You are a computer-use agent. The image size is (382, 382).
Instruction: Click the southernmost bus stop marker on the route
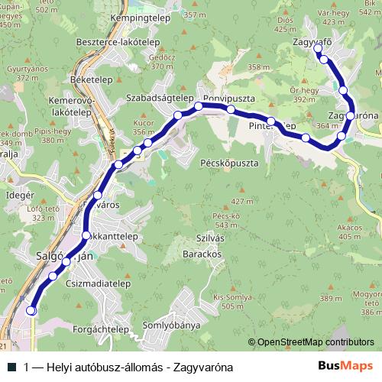31,310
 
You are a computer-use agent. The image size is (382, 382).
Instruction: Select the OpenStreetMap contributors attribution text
316,342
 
